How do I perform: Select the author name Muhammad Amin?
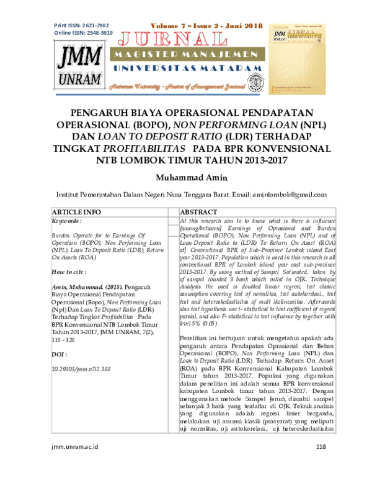pyautogui.click(x=185, y=178)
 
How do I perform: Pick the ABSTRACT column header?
pyautogui.click(x=198, y=212)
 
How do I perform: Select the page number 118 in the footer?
pyautogui.click(x=321, y=465)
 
